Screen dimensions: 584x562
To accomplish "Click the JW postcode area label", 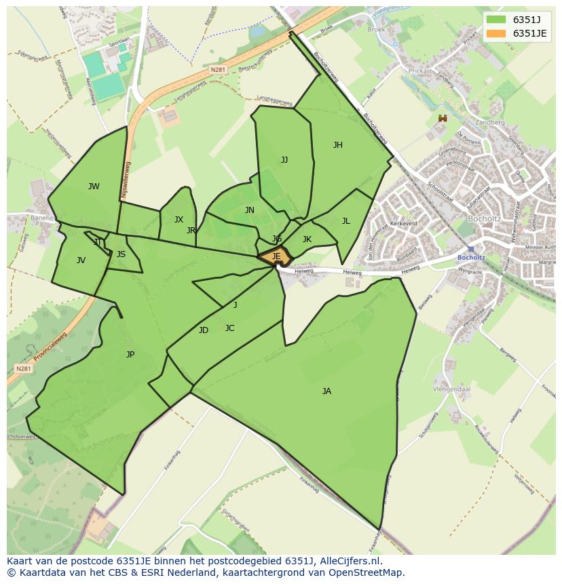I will pyautogui.click(x=94, y=187).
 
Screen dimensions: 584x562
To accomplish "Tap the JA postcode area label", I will pyautogui.click(x=326, y=391).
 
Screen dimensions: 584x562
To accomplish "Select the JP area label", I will pyautogui.click(x=130, y=354).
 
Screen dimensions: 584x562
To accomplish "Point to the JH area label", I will pyautogui.click(x=337, y=145).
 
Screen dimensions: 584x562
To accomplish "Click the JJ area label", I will pyautogui.click(x=284, y=160).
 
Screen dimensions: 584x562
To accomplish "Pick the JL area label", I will pyautogui.click(x=345, y=220).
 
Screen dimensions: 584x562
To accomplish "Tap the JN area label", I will pyautogui.click(x=250, y=210).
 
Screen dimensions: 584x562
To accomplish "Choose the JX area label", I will pyautogui.click(x=179, y=220).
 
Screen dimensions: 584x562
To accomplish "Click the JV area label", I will pyautogui.click(x=81, y=260).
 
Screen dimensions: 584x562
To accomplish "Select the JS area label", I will pyautogui.click(x=121, y=254).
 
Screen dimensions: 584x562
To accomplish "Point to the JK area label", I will pyautogui.click(x=307, y=239).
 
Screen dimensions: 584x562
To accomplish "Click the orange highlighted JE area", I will pyautogui.click(x=276, y=256).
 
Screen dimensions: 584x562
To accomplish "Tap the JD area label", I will pyautogui.click(x=204, y=330).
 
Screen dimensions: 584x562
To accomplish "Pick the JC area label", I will pyautogui.click(x=229, y=328).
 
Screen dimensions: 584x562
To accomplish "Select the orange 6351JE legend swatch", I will pyautogui.click(x=496, y=33).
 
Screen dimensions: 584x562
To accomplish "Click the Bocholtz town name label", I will pyautogui.click(x=485, y=219).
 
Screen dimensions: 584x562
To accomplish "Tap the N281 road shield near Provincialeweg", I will pyautogui.click(x=22, y=368).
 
